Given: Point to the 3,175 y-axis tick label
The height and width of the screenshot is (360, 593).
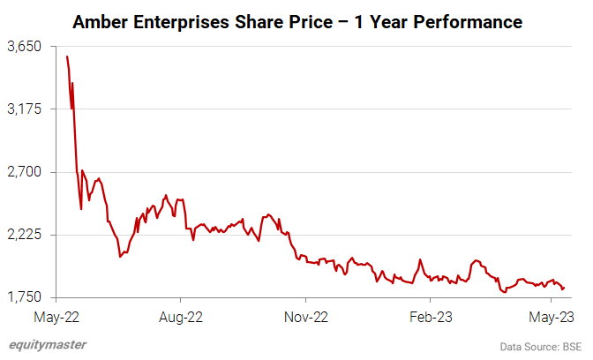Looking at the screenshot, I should point(25,109).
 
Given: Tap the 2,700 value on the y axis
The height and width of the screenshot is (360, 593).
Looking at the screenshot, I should point(25,172).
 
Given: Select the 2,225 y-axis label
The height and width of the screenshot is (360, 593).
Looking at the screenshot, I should point(25,235).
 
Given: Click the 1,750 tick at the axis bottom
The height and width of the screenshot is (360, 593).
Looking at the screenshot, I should point(25,298).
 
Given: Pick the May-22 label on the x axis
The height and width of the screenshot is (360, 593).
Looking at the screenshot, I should point(59,315).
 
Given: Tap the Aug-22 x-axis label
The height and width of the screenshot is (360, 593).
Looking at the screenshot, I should point(181,315).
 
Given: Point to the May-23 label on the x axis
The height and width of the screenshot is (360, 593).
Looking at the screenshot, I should point(551,315).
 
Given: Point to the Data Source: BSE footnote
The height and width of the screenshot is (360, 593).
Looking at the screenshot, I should point(541,344).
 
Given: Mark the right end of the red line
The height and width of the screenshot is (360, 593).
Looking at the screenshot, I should point(564,287).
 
